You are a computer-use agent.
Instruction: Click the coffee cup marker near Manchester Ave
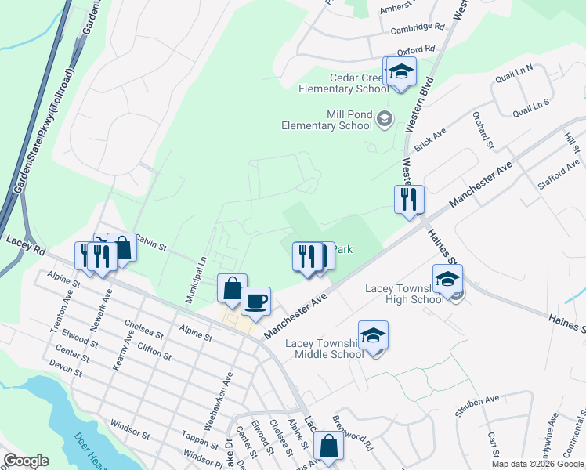tap(255, 300)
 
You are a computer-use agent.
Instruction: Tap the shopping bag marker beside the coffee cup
tap(232, 287)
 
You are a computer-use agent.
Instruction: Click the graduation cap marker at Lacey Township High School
tap(447, 279)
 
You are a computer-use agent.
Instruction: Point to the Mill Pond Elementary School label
tap(327, 120)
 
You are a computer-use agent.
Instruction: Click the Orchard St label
tap(482, 130)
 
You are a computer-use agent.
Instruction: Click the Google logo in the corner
tap(27, 460)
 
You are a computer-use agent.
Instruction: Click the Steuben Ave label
tap(479, 399)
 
